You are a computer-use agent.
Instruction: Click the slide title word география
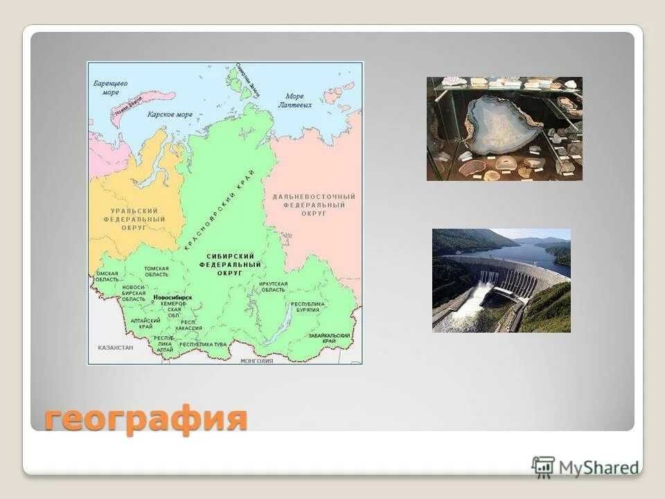pos(145,418)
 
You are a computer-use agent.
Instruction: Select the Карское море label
pos(170,114)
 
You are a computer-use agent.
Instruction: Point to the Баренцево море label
pos(111,87)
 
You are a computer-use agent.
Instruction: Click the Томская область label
pos(156,271)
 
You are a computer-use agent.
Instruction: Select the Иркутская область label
pos(273,287)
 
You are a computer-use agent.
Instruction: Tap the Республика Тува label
pos(203,344)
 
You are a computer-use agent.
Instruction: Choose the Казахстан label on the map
pos(115,347)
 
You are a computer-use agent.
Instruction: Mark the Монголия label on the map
pos(256,361)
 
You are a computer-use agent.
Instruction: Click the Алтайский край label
pos(145,324)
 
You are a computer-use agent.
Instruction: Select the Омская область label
pos(107,276)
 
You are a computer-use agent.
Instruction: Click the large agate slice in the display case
pos(503,125)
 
